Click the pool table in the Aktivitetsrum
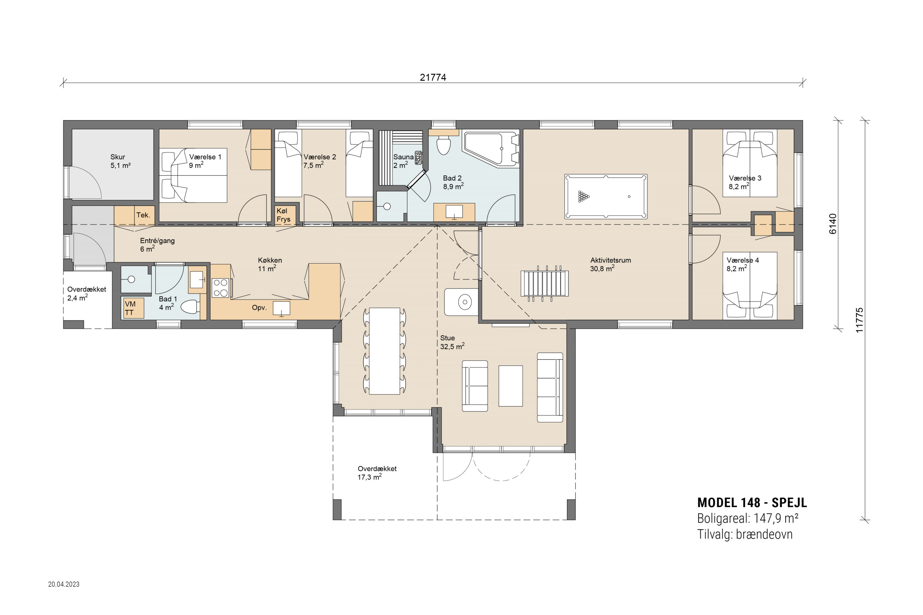pyautogui.click(x=605, y=196)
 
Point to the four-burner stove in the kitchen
pyautogui.click(x=220, y=288)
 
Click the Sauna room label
pyautogui.click(x=403, y=157)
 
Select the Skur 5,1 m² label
pyautogui.click(x=120, y=161)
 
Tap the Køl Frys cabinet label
pyautogui.click(x=283, y=215)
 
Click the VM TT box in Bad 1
pyautogui.click(x=133, y=308)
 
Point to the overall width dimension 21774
pyautogui.click(x=433, y=77)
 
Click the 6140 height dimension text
pyautogui.click(x=833, y=224)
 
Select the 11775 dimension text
pyautogui.click(x=860, y=320)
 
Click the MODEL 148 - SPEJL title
pyautogui.click(x=752, y=503)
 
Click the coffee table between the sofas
pyautogui.click(x=510, y=386)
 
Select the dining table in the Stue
pyautogui.click(x=385, y=351)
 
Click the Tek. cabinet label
pyautogui.click(x=143, y=215)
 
